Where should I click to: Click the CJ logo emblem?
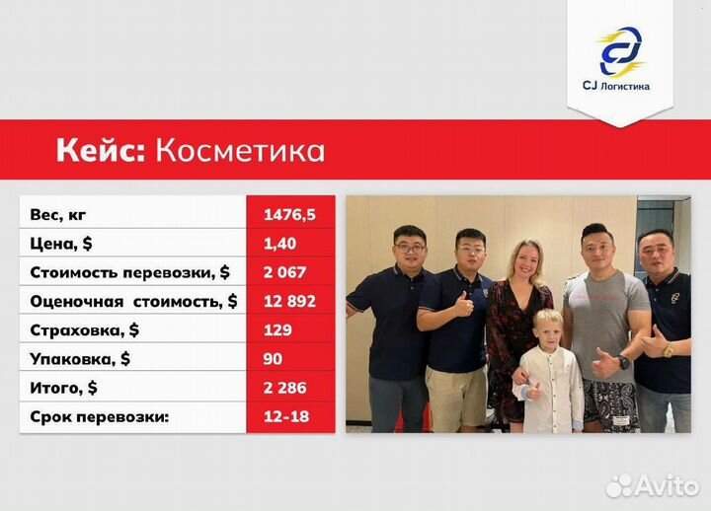619,51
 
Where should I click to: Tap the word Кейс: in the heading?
99,150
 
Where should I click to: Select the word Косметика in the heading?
240,150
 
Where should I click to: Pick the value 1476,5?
289,214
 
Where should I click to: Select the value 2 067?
285,271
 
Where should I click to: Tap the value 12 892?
289,301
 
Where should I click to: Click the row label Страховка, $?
86,329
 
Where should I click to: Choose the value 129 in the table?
277,329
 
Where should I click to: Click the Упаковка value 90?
273,359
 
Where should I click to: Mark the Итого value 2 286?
285,388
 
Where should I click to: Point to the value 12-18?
286,417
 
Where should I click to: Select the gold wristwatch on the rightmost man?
668,351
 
